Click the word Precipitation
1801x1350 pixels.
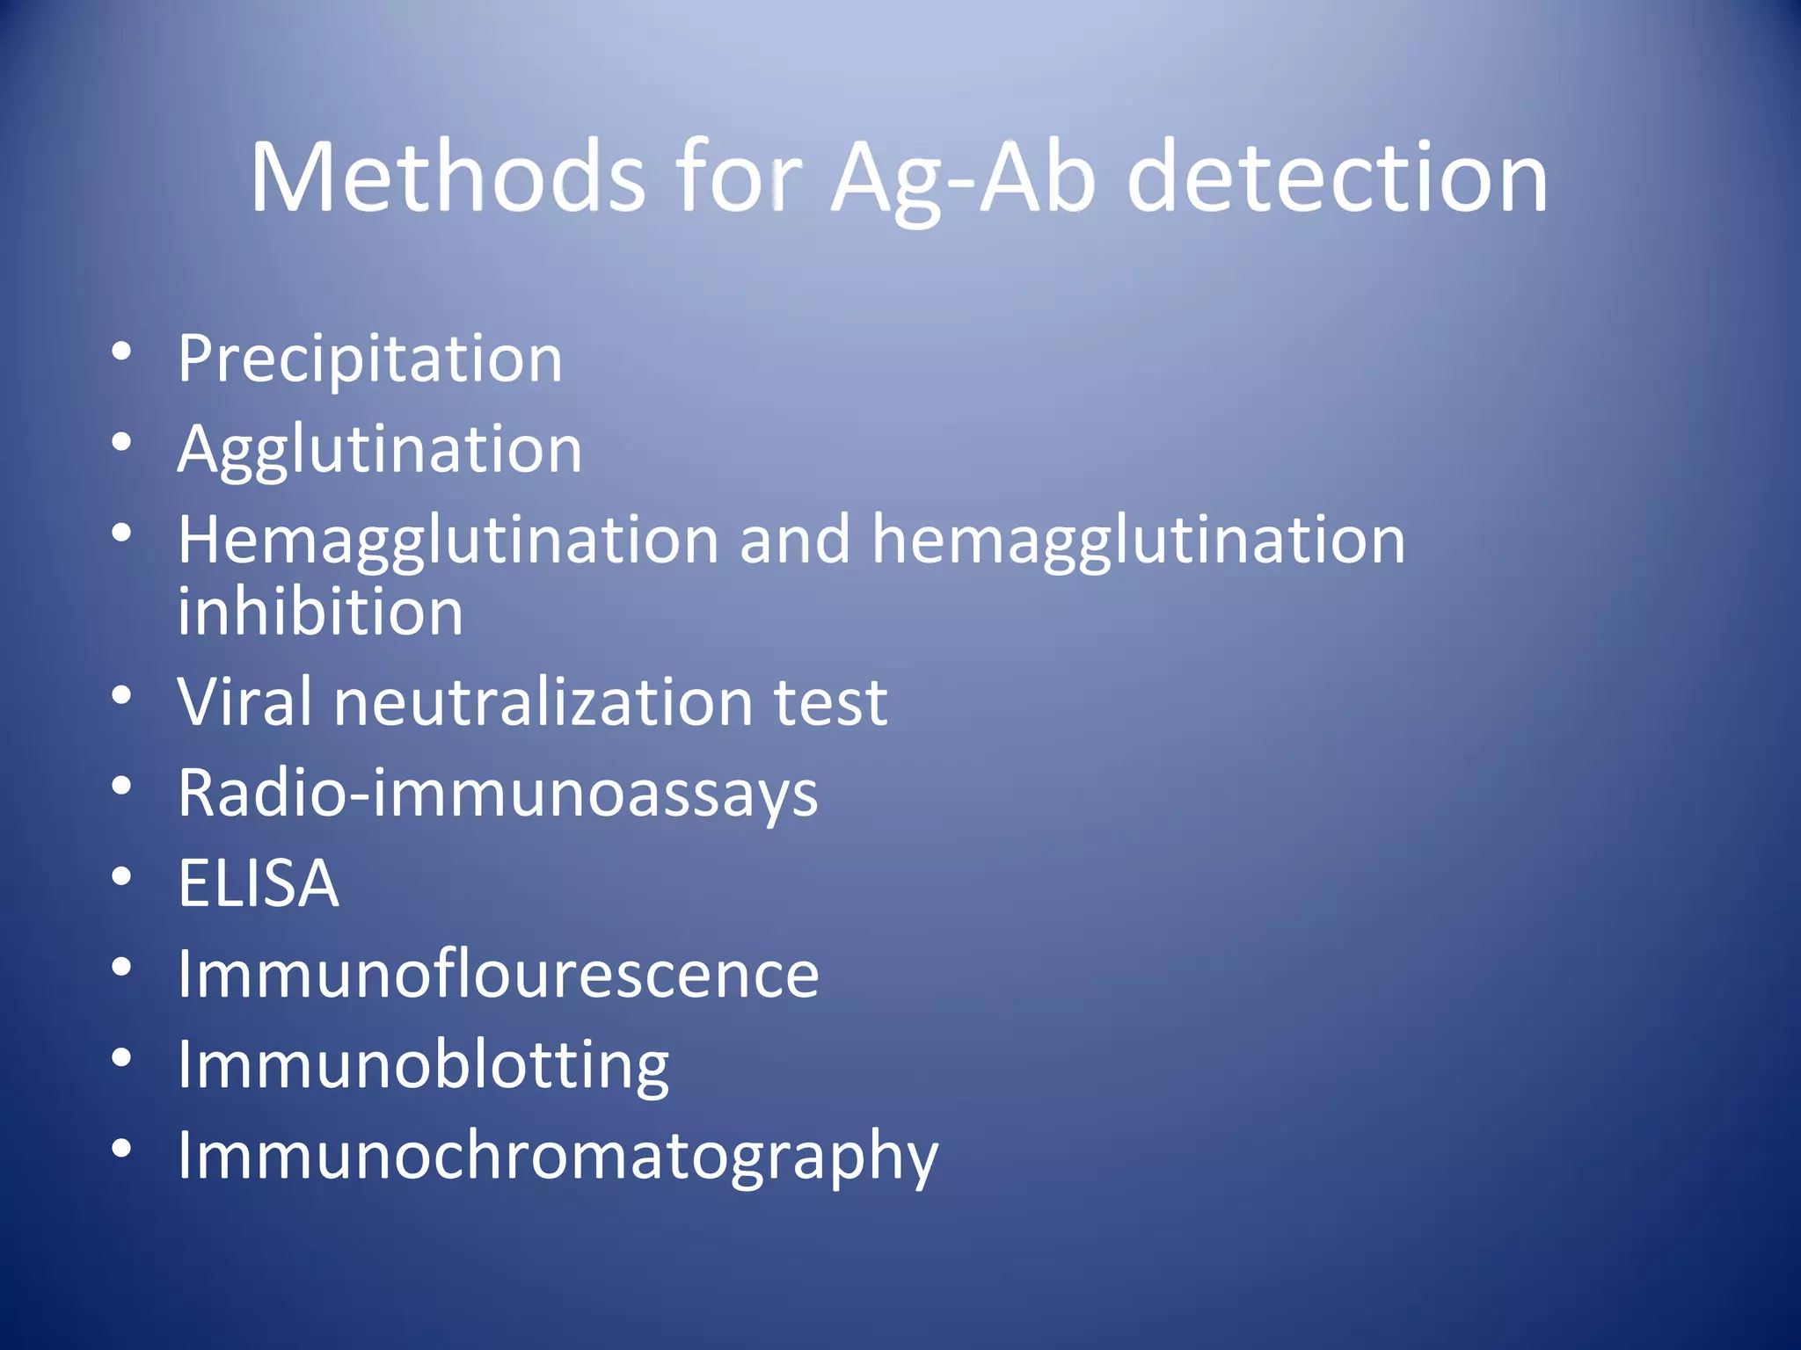pyautogui.click(x=369, y=359)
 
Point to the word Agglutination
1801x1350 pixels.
pyautogui.click(x=379, y=450)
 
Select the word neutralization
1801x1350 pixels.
pyautogui.click(x=543, y=702)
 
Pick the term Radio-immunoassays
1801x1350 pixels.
pyautogui.click(x=498, y=794)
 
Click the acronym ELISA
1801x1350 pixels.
pyautogui.click(x=258, y=883)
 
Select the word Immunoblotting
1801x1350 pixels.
pyautogui.click(x=423, y=1066)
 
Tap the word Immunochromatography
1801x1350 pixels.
pyautogui.click(x=558, y=1157)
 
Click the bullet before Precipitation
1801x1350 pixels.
pyautogui.click(x=122, y=352)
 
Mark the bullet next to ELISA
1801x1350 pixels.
pyautogui.click(x=122, y=876)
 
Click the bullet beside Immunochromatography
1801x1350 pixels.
pyautogui.click(x=122, y=1148)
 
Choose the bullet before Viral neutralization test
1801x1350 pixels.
pyautogui.click(x=122, y=695)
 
